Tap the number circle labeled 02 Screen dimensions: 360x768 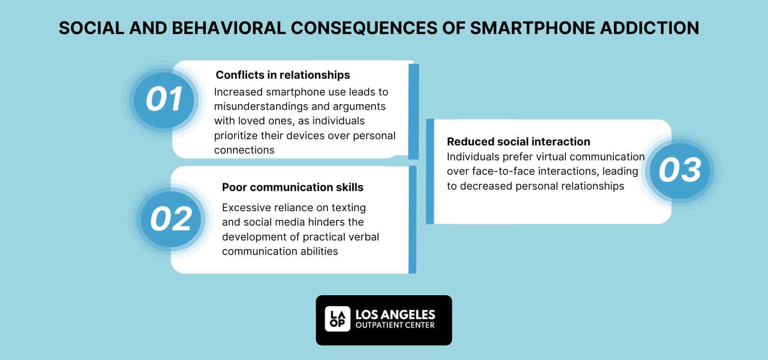[x=171, y=219]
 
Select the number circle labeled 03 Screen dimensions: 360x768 [x=680, y=170]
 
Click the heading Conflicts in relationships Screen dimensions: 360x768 [x=283, y=75]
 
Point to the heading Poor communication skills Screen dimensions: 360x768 [x=292, y=187]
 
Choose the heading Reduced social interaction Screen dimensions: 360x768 [x=518, y=142]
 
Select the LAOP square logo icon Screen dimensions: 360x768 [x=337, y=319]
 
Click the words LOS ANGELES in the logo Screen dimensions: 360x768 [x=395, y=315]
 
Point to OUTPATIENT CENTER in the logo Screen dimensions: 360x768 [x=395, y=326]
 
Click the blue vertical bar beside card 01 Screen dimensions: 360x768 [x=413, y=111]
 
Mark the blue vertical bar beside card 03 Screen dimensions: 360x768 [x=430, y=171]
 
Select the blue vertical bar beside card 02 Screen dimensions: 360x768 [x=412, y=220]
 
